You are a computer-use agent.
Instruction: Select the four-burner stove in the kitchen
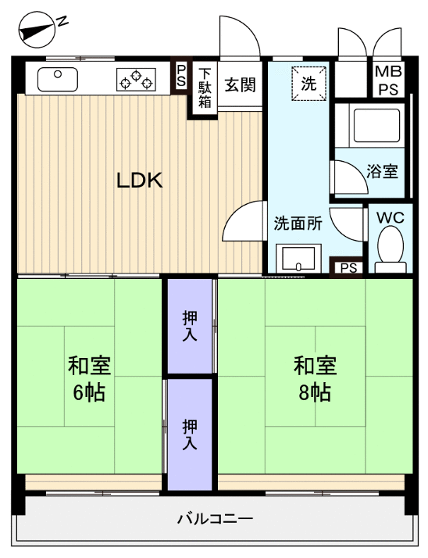(135, 78)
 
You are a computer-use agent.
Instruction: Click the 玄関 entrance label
(241, 85)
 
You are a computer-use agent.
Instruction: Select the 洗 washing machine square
(309, 84)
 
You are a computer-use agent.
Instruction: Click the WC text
(390, 218)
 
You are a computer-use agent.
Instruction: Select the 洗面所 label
(297, 223)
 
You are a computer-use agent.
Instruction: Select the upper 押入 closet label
(189, 326)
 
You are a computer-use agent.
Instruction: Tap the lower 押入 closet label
(189, 434)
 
